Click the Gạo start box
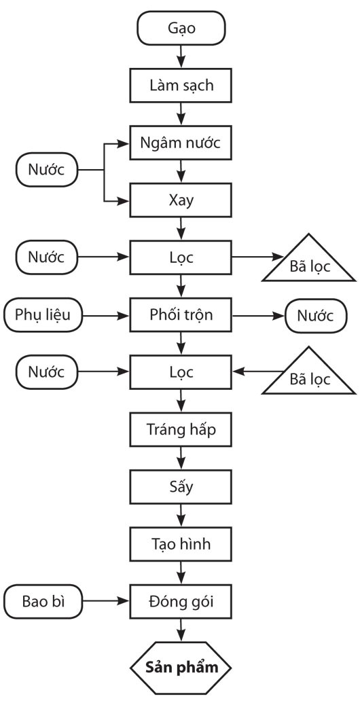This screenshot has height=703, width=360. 181,28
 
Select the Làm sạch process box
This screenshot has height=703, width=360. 181,85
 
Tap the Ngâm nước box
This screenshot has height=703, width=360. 181,143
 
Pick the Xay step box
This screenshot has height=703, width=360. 181,200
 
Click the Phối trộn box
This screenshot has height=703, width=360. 181,314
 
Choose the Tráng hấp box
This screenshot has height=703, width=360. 181,429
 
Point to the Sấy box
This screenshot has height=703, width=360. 181,487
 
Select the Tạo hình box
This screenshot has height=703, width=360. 181,544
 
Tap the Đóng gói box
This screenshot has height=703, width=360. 181,602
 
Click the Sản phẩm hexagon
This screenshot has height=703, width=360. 181,668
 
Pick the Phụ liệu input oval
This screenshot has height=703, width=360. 43,314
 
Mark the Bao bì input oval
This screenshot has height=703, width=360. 43,602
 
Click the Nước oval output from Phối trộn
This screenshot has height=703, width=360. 316,315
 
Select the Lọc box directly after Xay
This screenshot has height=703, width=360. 181,257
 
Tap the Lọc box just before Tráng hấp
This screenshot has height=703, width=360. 181,372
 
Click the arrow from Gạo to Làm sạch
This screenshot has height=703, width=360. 181,56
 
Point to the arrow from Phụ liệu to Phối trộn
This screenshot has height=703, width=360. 106,315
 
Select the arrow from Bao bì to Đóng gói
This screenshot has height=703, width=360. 106,602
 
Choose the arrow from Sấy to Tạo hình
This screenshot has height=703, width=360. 181,516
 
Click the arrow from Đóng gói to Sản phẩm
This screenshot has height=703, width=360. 181,630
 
